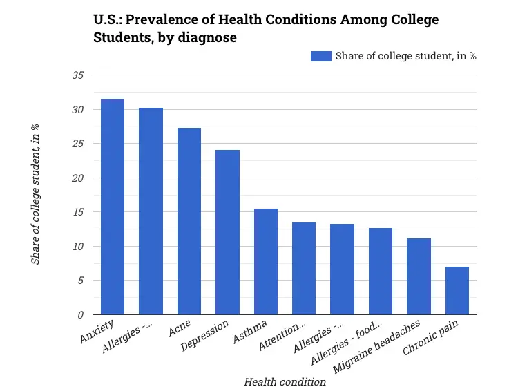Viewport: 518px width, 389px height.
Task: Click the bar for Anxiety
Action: coord(113,207)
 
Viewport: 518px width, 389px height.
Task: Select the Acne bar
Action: coord(189,221)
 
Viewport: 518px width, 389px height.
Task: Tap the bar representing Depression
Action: coord(227,232)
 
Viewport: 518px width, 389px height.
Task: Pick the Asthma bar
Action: coord(266,262)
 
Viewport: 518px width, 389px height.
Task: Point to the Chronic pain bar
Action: coord(457,291)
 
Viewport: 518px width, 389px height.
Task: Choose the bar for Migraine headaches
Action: coord(419,276)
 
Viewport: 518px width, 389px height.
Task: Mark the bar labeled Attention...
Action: coord(304,269)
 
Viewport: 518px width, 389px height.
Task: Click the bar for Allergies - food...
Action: coord(381,272)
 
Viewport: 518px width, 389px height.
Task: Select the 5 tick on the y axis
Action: coord(80,281)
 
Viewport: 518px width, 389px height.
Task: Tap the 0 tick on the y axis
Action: coord(80,315)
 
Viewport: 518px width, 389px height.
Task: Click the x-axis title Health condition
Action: coord(285,381)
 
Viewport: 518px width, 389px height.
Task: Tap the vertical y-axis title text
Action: coord(35,194)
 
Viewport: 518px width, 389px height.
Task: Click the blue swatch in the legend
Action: coord(320,56)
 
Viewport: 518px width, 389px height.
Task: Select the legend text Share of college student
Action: coord(405,56)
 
